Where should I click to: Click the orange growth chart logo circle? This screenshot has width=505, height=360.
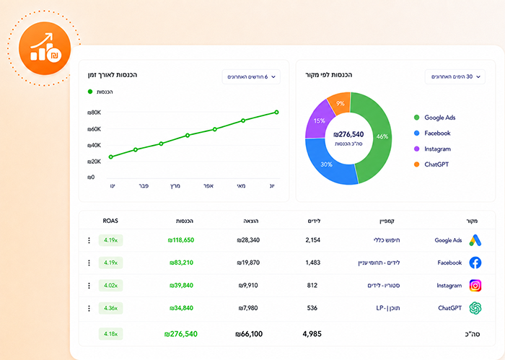click(x=45, y=48)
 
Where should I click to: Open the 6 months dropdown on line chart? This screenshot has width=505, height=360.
click(x=251, y=77)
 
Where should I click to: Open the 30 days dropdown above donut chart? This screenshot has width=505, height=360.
click(x=455, y=77)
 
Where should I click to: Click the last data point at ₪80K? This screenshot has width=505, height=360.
click(x=276, y=113)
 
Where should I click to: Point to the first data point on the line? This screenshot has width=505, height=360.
click(x=111, y=157)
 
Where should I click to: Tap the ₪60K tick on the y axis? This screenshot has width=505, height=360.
click(x=94, y=129)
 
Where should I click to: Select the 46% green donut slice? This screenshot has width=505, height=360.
click(x=375, y=137)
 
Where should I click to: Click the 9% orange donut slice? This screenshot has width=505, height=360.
click(x=340, y=103)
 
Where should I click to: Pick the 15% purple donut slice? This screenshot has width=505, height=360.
click(x=320, y=120)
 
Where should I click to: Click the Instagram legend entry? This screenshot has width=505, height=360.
click(x=433, y=149)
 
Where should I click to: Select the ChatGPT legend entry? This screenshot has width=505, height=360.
click(x=431, y=164)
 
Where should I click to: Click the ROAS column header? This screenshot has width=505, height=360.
click(x=110, y=221)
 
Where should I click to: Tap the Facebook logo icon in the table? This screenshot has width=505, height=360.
click(x=475, y=263)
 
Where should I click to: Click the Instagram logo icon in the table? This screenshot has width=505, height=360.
click(x=475, y=286)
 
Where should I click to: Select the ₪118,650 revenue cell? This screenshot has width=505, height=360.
click(x=181, y=240)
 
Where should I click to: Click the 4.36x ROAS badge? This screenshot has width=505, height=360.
click(x=110, y=308)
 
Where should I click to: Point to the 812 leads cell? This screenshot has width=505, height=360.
click(x=312, y=286)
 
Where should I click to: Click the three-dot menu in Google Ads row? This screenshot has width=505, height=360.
click(x=89, y=240)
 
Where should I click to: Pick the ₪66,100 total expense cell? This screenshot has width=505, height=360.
click(x=249, y=334)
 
